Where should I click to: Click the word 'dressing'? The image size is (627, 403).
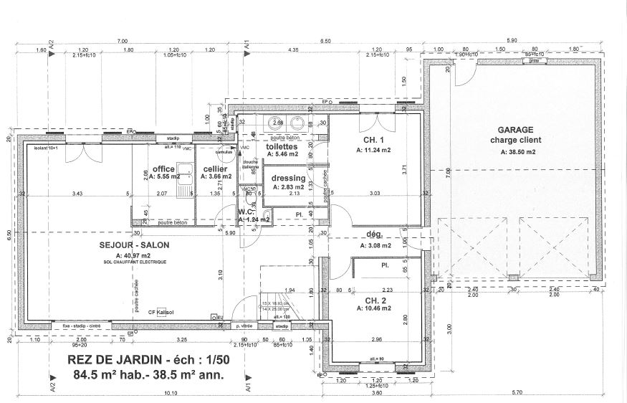click(289, 178)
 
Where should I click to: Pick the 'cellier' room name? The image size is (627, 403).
click(215, 169)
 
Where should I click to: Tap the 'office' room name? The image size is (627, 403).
click(164, 169)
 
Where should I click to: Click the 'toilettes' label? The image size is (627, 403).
click(282, 146)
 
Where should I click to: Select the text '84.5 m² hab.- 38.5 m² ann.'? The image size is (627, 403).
click(148, 374)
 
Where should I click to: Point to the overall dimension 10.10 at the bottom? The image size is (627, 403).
click(170, 393)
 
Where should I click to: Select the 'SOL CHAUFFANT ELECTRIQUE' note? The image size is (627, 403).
click(135, 262)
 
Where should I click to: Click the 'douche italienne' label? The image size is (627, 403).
click(250, 165)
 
